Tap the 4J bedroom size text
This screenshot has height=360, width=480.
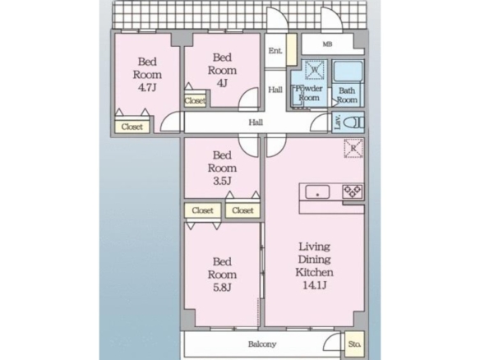(222, 83)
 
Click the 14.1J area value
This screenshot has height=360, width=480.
(315, 285)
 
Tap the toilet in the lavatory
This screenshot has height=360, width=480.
(354, 123)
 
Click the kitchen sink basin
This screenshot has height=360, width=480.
(317, 192)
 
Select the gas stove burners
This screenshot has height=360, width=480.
(353, 192)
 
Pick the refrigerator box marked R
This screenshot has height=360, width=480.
(353, 148)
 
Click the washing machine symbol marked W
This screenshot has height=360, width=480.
(315, 70)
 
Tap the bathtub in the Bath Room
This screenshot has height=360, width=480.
(348, 72)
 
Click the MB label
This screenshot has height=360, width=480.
(327, 44)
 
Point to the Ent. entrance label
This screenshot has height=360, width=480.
(275, 50)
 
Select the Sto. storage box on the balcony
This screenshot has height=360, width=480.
(354, 344)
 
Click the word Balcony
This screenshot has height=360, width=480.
(262, 344)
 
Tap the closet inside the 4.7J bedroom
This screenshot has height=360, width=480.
(132, 127)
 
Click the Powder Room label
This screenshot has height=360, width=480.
(309, 93)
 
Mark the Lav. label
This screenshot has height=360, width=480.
(338, 122)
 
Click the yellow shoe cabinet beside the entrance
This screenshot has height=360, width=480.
(292, 49)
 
